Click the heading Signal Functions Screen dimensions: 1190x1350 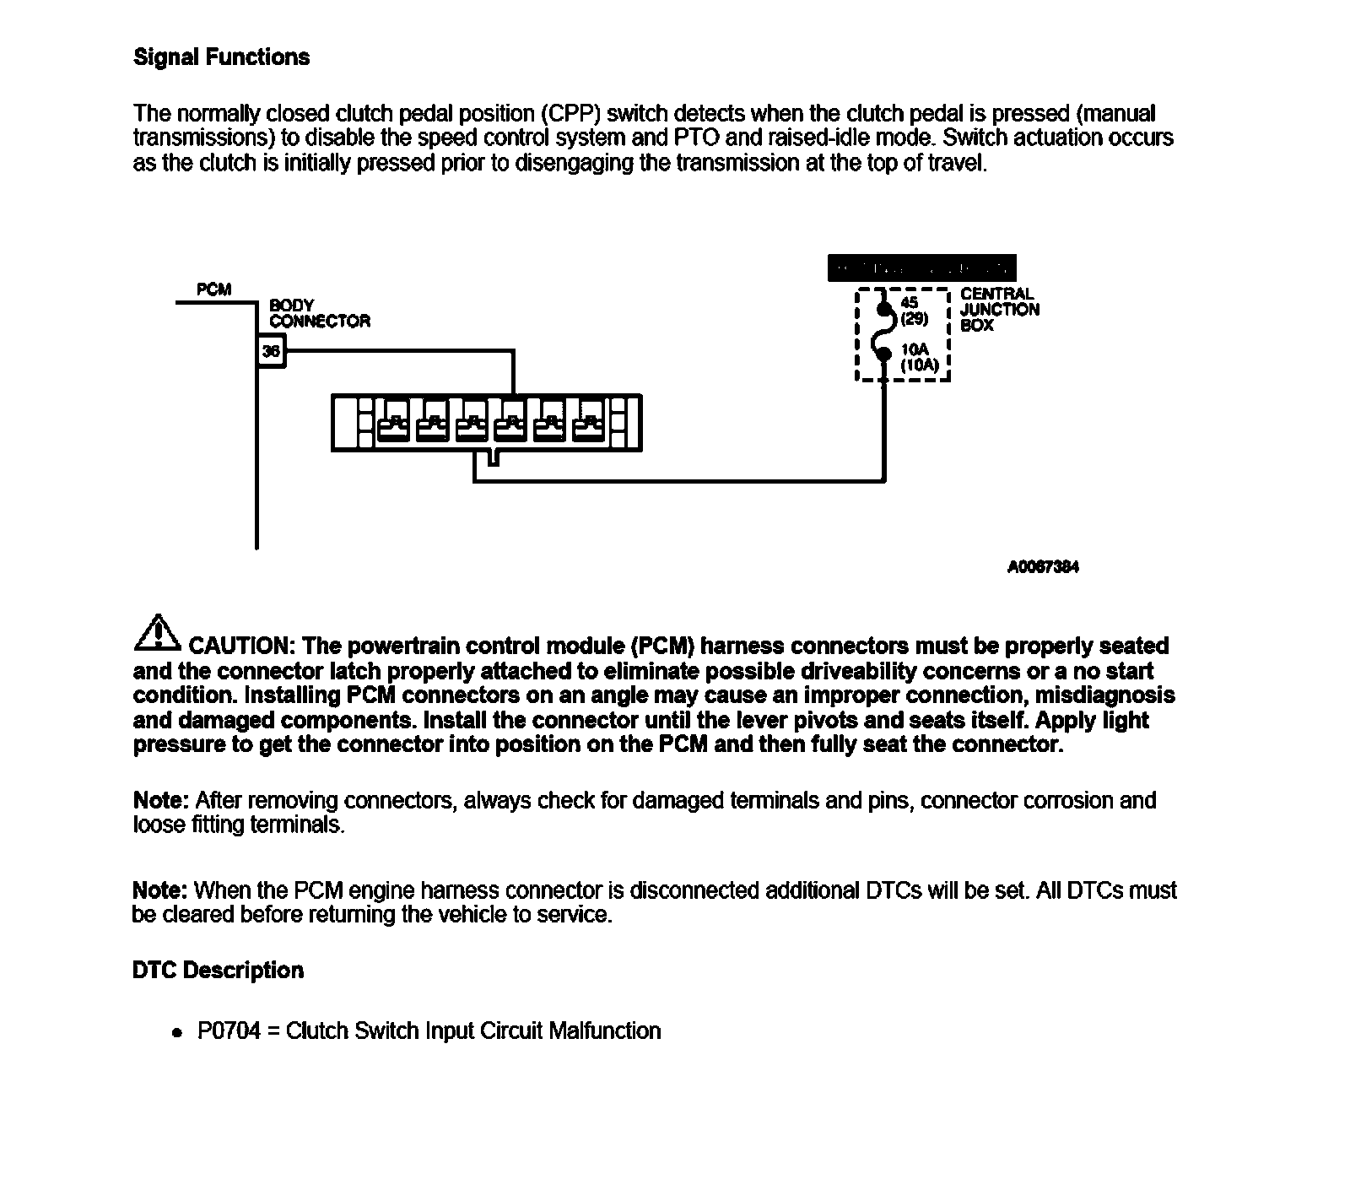point(221,57)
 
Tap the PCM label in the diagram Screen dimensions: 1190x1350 point(213,289)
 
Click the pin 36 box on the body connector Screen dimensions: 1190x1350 point(271,351)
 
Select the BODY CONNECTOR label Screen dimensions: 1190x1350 point(319,313)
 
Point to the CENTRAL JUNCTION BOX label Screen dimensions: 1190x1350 point(999,310)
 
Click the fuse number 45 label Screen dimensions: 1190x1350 point(910,302)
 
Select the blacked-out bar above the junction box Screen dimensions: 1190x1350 point(922,268)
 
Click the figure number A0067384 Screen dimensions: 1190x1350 point(1043,567)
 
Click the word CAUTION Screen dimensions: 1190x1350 point(238,646)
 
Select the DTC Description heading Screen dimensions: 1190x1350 point(218,971)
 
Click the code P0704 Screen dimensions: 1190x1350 point(229,1031)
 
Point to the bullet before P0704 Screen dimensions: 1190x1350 point(176,1033)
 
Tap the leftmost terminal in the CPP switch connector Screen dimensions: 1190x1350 point(394,426)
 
